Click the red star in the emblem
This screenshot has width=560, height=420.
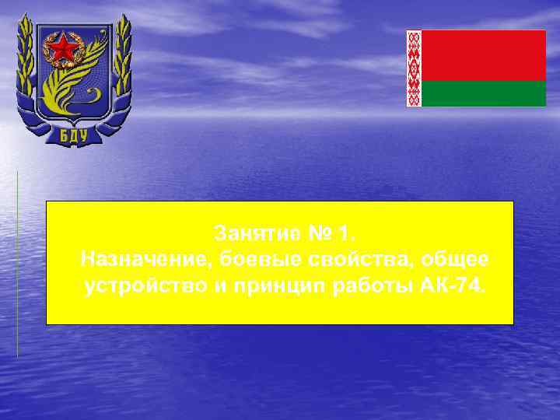pyautogui.click(x=63, y=50)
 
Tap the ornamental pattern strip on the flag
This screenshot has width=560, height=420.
pyautogui.click(x=414, y=68)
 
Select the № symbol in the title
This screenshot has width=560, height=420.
pyautogui.click(x=313, y=233)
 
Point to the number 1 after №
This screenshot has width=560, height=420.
pyautogui.click(x=341, y=233)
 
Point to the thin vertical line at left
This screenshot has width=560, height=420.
pyautogui.click(x=17, y=264)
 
